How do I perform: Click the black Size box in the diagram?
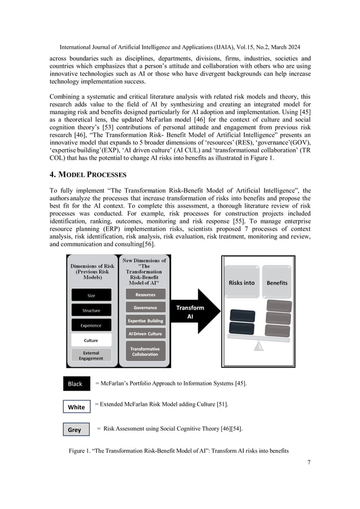(x=91, y=295)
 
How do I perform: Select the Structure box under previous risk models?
(x=91, y=310)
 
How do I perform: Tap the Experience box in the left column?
(x=91, y=325)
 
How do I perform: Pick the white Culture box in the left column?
(x=91, y=340)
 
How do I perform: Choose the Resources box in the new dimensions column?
(x=145, y=294)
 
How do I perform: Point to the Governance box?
(x=145, y=308)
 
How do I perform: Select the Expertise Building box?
(x=145, y=321)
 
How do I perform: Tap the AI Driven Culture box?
(x=145, y=334)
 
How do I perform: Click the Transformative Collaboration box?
(x=145, y=351)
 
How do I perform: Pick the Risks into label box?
(x=241, y=282)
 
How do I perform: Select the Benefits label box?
(x=276, y=282)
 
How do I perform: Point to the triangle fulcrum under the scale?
(x=258, y=346)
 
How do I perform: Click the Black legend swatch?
(x=76, y=384)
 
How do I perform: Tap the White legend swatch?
(x=76, y=407)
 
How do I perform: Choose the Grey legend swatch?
(x=74, y=429)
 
